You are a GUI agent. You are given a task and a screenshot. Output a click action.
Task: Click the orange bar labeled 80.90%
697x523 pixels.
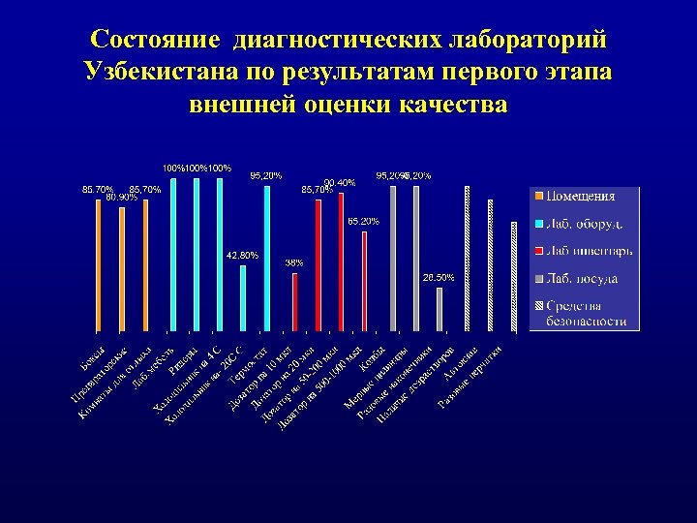click(122, 268)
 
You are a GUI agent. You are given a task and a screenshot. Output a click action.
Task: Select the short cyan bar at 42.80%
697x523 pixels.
click(243, 296)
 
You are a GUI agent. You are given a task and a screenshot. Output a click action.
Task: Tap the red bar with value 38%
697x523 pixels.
click(295, 301)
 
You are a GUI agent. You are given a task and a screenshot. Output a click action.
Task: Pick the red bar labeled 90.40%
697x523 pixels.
click(341, 260)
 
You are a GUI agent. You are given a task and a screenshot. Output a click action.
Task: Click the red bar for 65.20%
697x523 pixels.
click(365, 281)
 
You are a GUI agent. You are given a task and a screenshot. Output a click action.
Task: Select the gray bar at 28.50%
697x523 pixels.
click(439, 309)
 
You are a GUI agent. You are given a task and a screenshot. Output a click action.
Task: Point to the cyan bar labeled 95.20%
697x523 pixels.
click(267, 258)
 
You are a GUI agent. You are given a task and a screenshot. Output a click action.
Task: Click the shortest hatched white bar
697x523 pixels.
click(514, 276)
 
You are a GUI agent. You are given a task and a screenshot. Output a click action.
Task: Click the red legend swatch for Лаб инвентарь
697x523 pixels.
click(540, 252)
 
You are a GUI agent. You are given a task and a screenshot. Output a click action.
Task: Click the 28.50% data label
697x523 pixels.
click(438, 278)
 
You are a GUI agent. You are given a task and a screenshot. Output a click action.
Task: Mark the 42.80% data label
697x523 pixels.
click(242, 255)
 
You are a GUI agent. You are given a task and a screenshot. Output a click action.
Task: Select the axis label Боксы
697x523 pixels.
click(93, 356)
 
